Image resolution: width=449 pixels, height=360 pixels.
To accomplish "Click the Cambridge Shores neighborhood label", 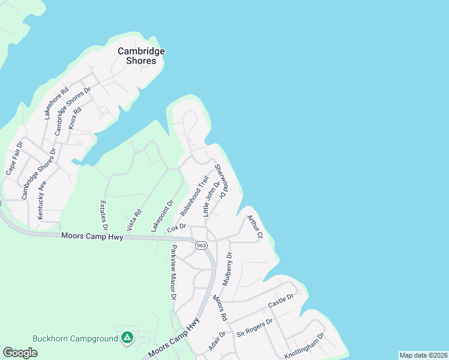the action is [x=141, y=56].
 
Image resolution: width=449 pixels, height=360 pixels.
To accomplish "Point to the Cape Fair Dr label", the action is [x=14, y=158].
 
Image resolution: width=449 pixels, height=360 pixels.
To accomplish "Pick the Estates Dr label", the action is [x=103, y=215].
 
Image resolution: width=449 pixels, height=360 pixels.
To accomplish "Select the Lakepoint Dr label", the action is [x=162, y=216].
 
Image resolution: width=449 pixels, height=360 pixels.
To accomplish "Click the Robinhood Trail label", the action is [x=194, y=196].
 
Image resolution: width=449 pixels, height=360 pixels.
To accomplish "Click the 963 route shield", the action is [x=200, y=244].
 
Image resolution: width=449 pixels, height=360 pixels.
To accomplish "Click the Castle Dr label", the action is [x=281, y=302].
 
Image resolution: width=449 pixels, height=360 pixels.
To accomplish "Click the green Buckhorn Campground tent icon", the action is [x=127, y=338].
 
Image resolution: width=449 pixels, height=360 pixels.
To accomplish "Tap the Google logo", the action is [x=20, y=352].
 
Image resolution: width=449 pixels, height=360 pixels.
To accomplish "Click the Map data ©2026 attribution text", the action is [x=423, y=355].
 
